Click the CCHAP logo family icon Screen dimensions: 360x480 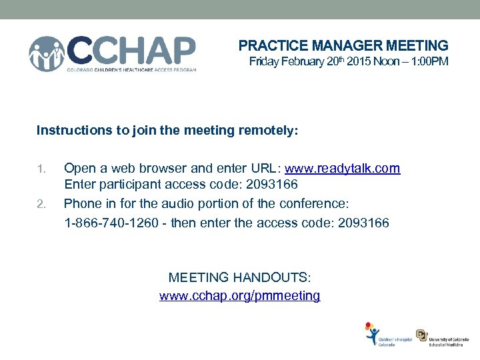tap(47, 53)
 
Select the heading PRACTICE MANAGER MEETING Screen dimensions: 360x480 tap(343, 46)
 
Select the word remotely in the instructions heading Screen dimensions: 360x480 tap(263, 130)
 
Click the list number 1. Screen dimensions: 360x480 tap(41, 169)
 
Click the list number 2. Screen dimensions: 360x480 tap(41, 203)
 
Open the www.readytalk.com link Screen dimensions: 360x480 tap(343, 169)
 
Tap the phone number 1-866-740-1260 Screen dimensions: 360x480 tap(110, 222)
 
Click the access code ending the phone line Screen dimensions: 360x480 tap(363, 222)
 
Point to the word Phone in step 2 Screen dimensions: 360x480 tap(81, 203)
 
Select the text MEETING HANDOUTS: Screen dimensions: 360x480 tap(239, 277)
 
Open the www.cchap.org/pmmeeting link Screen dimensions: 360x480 tap(239, 295)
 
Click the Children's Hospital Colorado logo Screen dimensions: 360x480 tap(387, 335)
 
